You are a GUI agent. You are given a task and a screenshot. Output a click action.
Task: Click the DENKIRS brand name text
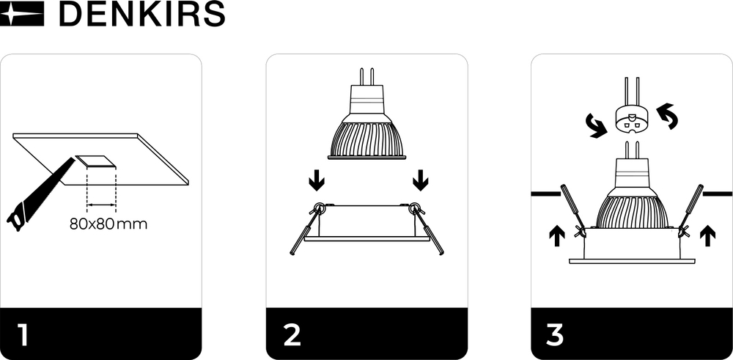point(141,14)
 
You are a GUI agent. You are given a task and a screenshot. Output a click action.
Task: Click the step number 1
point(23,334)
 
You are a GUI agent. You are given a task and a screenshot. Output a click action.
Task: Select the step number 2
point(292,334)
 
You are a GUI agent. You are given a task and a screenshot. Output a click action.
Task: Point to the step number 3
point(555,334)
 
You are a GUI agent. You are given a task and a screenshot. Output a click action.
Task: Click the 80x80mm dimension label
point(108,224)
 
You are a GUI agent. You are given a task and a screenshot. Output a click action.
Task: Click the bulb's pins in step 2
point(366,76)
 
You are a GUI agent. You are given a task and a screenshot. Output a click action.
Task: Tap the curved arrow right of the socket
point(668,116)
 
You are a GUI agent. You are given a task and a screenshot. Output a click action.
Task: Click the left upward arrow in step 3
point(556,235)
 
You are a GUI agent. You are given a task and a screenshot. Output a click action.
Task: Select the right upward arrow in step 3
point(707,235)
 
